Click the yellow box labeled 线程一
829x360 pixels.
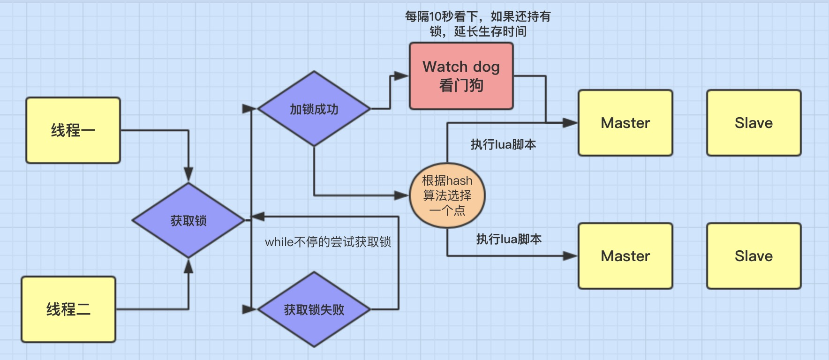(x=73, y=130)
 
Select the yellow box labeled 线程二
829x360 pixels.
(x=68, y=309)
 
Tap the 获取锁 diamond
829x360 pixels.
(x=188, y=220)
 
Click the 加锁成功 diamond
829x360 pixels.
(x=314, y=109)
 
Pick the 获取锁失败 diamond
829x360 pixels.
(x=314, y=309)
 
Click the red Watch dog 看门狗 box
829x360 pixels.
(x=461, y=76)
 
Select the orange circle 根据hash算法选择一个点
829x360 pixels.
(x=447, y=195)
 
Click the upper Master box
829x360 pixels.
(x=626, y=123)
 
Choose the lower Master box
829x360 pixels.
(x=626, y=256)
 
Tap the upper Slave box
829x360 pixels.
(x=754, y=123)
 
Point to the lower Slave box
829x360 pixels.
(x=754, y=256)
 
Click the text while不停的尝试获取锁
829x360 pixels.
(x=328, y=242)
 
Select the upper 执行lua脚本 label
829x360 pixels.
(x=503, y=144)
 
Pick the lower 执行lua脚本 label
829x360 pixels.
(x=509, y=239)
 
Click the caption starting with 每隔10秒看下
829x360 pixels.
(x=478, y=24)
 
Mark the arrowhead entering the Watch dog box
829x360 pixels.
(x=401, y=76)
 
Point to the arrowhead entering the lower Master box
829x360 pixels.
(x=570, y=256)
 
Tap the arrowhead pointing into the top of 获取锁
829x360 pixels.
(x=188, y=175)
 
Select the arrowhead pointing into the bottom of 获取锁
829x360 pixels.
(x=188, y=266)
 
